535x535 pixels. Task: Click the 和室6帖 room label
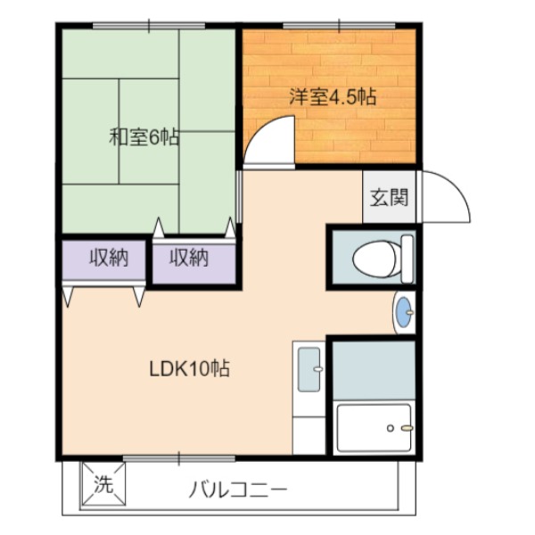(x=144, y=137)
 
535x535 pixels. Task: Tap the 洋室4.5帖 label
(x=333, y=96)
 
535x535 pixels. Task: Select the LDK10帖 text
(x=189, y=368)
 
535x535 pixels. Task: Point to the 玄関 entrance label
(x=390, y=197)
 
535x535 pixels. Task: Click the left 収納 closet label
(x=109, y=258)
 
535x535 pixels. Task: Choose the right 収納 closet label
(x=189, y=258)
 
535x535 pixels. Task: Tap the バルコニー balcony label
(x=238, y=490)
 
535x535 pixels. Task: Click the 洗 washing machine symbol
(x=103, y=484)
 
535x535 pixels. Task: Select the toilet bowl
(x=375, y=259)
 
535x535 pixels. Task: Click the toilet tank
(x=407, y=259)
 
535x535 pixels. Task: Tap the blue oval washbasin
(x=405, y=312)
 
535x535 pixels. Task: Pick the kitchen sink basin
(x=309, y=369)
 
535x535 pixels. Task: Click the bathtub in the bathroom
(x=374, y=428)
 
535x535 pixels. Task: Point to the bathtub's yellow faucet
(x=407, y=428)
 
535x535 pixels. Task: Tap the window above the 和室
(x=149, y=26)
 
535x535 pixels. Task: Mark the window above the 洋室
(x=339, y=26)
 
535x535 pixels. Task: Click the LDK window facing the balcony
(x=179, y=458)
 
